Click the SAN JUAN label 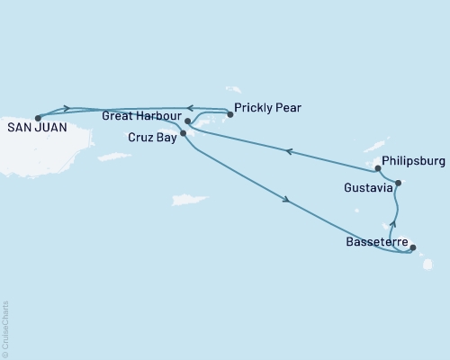pyautogui.click(x=32, y=128)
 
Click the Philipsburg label pyautogui.click(x=414, y=161)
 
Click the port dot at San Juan pyautogui.click(x=37, y=117)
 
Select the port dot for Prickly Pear pyautogui.click(x=229, y=114)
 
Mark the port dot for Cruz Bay pyautogui.click(x=183, y=133)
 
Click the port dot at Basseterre pyautogui.click(x=413, y=247)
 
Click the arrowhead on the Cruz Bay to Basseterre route pyautogui.click(x=286, y=200)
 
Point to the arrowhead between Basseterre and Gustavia pyautogui.click(x=392, y=224)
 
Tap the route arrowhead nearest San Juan pyautogui.click(x=66, y=108)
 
